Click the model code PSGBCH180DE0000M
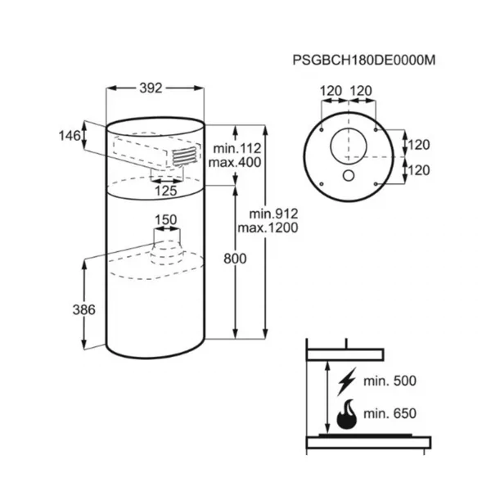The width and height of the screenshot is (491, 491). coord(364,60)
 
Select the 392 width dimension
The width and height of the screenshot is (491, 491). coord(151,88)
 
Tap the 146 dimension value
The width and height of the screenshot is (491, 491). coord(70,136)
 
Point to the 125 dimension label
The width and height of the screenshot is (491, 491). coord(166,191)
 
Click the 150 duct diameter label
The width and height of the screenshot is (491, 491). coord(166,220)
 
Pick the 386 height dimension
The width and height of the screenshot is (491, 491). coord(84,310)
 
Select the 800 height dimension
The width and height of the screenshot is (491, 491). coord(235,259)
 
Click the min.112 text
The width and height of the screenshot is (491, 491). coord(237,148)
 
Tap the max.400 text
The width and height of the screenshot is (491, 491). coord(235,163)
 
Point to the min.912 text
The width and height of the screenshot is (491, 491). coord(273,214)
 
